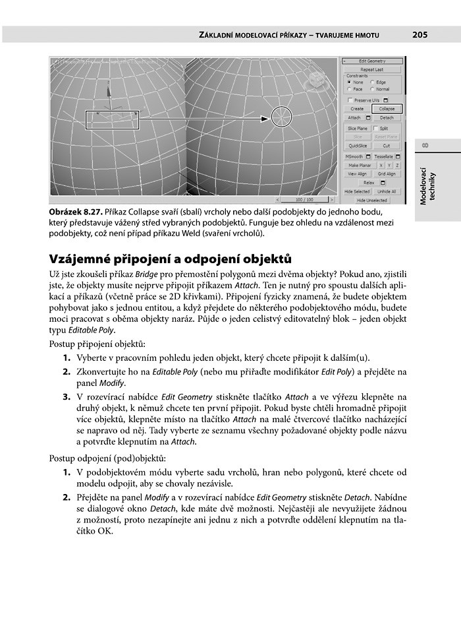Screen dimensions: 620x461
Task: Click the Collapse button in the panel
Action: pyautogui.click(x=387, y=108)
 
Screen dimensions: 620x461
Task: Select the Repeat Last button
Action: pyautogui.click(x=371, y=69)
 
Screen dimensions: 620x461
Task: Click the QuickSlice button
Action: pyautogui.click(x=357, y=146)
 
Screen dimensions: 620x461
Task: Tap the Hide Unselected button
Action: pyautogui.click(x=371, y=200)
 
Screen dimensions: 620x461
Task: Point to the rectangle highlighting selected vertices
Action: pyautogui.click(x=113, y=119)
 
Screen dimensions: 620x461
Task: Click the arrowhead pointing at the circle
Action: pyautogui.click(x=267, y=119)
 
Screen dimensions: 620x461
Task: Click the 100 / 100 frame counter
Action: pyautogui.click(x=304, y=199)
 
